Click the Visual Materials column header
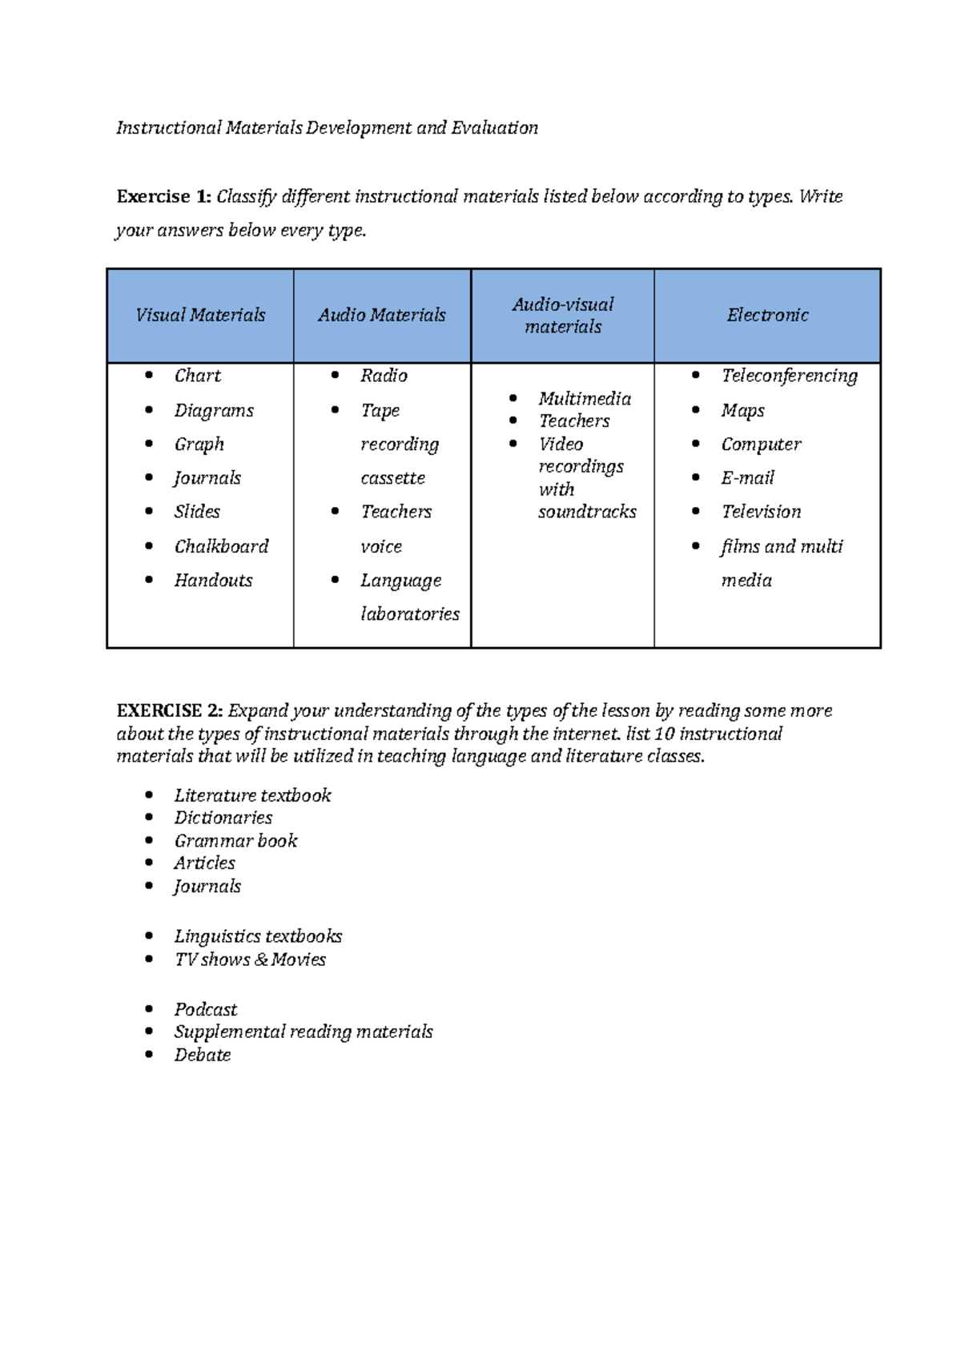[200, 316]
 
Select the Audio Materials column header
[382, 316]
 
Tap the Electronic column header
[767, 316]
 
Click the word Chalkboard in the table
[221, 546]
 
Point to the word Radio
[384, 376]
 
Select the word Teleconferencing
[789, 376]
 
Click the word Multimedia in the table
[585, 399]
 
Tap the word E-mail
[747, 478]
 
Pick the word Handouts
[213, 581]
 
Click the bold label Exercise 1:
[164, 197]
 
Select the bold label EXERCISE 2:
[170, 711]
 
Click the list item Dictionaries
[223, 818]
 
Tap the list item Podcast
[206, 1010]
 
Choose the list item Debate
[203, 1055]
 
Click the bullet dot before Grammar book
[149, 840]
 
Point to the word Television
[761, 512]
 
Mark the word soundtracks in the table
[587, 512]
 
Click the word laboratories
[410, 614]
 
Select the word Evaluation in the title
[494, 128]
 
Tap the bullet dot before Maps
[696, 410]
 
